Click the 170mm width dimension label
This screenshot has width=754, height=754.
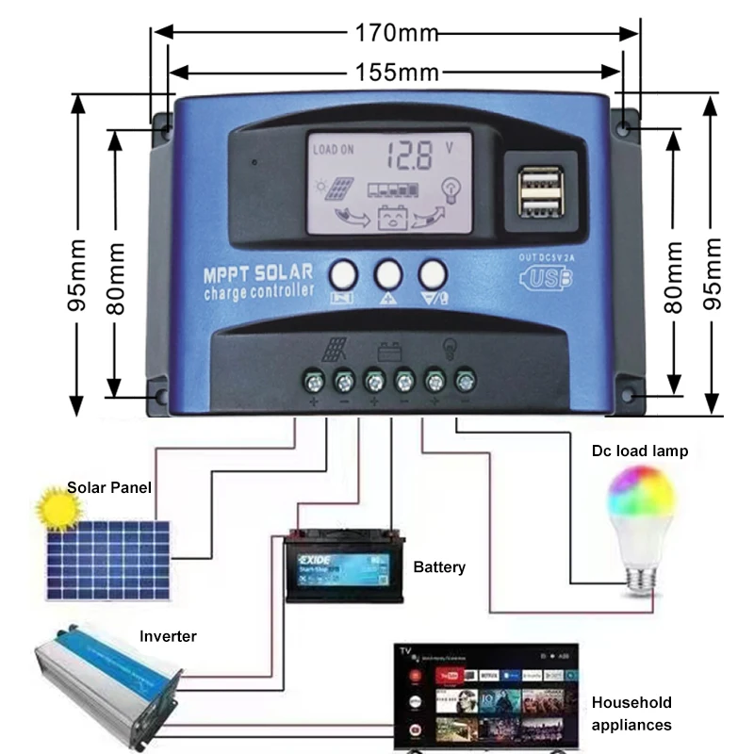(396, 33)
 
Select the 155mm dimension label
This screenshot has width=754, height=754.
(396, 71)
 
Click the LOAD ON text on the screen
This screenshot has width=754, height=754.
(334, 149)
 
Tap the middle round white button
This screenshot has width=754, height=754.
(388, 273)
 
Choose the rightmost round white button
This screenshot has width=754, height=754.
(433, 273)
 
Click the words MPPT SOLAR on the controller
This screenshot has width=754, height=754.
(257, 273)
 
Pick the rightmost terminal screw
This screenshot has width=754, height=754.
(465, 381)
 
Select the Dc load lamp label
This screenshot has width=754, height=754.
(640, 451)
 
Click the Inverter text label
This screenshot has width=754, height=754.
(168, 636)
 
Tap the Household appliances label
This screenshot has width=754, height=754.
(631, 713)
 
